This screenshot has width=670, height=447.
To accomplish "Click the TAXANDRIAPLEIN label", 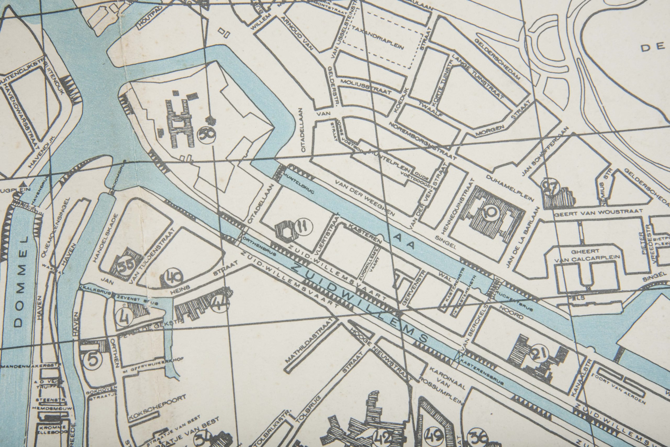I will pyautogui.click(x=378, y=41).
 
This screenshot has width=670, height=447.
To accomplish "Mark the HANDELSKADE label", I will pyautogui.click(x=105, y=238).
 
